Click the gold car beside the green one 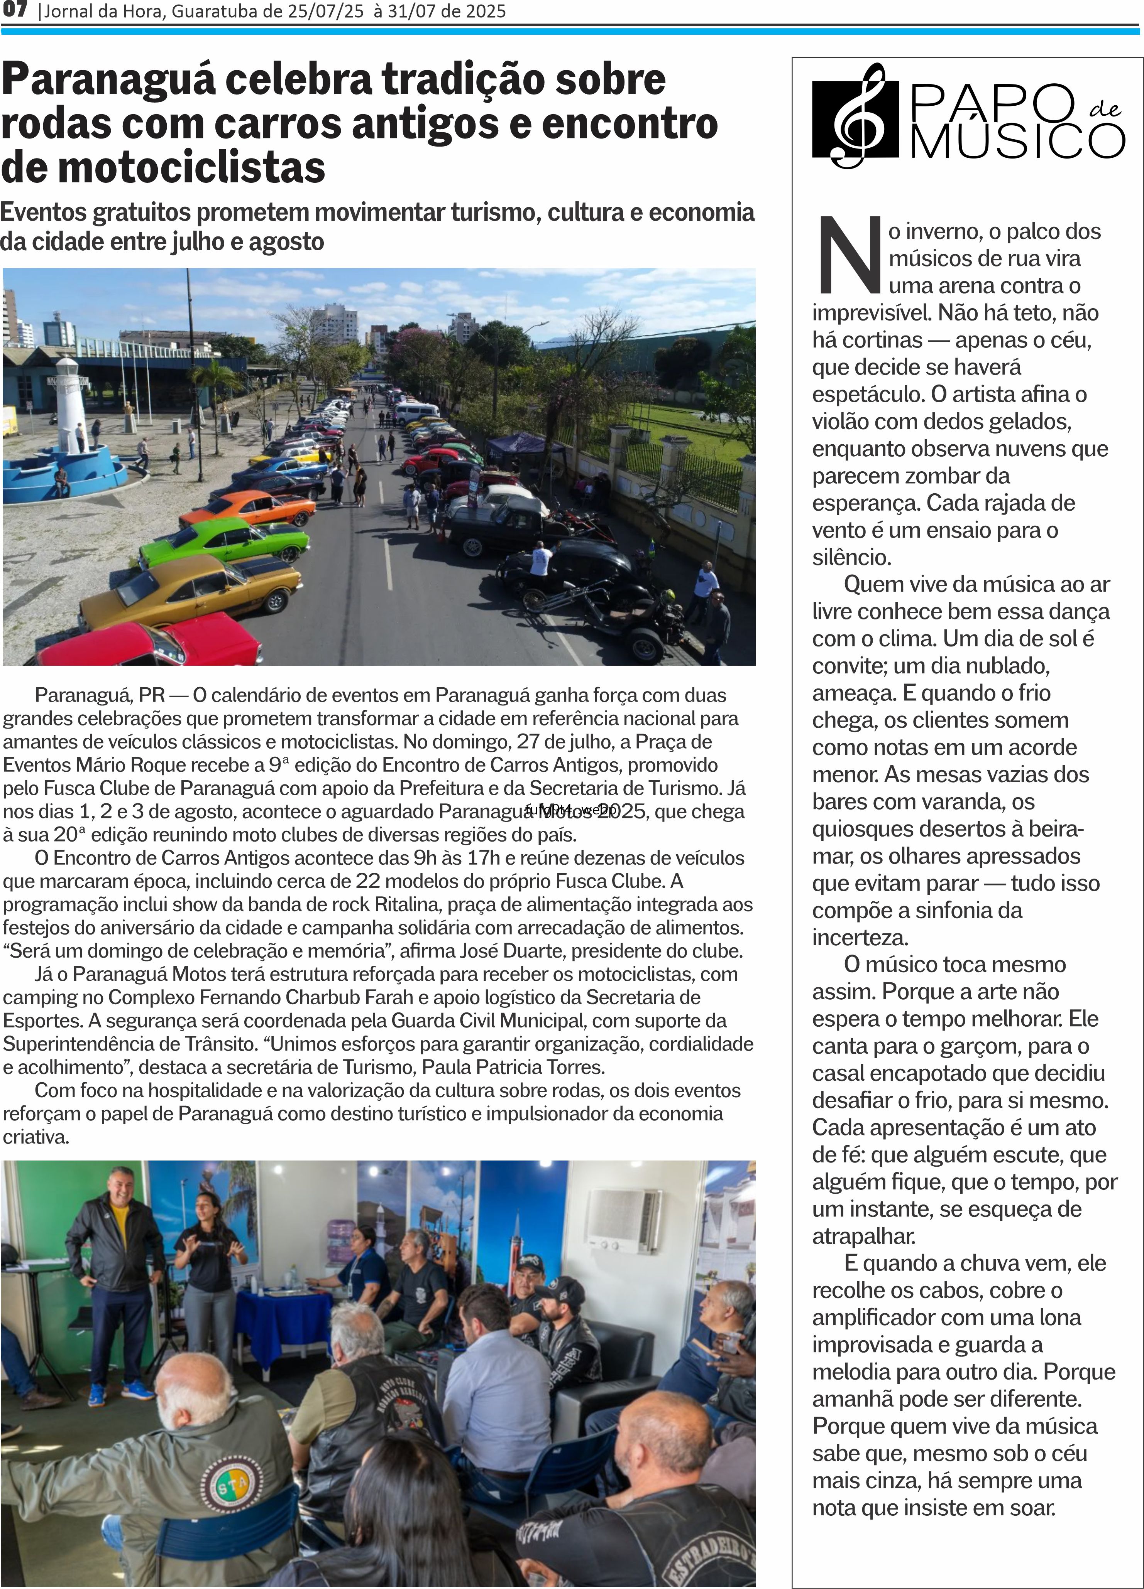[x=193, y=592]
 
